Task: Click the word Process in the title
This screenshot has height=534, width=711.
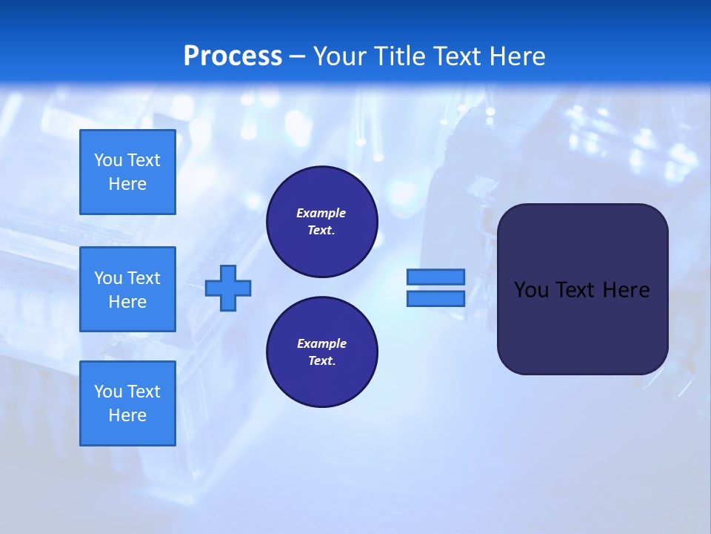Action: tap(233, 56)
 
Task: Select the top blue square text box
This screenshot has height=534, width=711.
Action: tap(127, 172)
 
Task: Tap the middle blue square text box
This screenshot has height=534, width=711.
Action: tap(127, 289)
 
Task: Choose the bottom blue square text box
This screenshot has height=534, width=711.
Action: tap(127, 403)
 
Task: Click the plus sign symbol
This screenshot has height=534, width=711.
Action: tap(228, 287)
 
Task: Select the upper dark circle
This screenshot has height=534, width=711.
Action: tap(321, 222)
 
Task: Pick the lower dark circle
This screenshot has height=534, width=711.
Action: tap(321, 352)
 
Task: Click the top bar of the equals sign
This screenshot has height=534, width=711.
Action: tap(435, 277)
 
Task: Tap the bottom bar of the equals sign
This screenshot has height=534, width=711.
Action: tap(435, 298)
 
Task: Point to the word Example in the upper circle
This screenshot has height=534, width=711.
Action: tap(321, 213)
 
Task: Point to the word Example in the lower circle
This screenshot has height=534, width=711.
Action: tap(321, 343)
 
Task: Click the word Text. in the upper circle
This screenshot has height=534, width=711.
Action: tap(321, 231)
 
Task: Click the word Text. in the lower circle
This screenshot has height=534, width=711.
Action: tap(321, 361)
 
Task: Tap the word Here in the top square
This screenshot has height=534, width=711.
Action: tap(127, 184)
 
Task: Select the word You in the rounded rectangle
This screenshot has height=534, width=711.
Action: tap(531, 290)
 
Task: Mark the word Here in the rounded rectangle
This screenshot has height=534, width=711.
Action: tap(626, 290)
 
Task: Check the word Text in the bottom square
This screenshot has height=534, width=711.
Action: tap(143, 392)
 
